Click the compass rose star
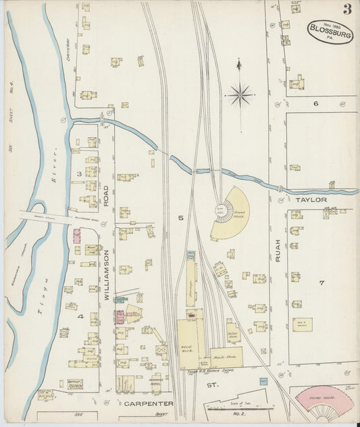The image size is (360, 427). pos(240,95)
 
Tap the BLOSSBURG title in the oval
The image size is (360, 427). pos(330,29)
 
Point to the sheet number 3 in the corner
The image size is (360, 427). pos(346,9)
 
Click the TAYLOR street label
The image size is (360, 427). pos(311,200)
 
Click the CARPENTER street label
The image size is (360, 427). pos(149,403)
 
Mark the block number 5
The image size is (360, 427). pos(180,218)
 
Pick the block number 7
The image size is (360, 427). pos(322,282)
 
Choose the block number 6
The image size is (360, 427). pos(315,103)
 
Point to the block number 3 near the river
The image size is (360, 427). pos(79,174)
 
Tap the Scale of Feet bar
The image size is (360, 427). pos(240,407)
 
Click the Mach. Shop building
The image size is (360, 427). pos(225,356)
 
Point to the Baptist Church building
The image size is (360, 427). pos(75,384)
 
